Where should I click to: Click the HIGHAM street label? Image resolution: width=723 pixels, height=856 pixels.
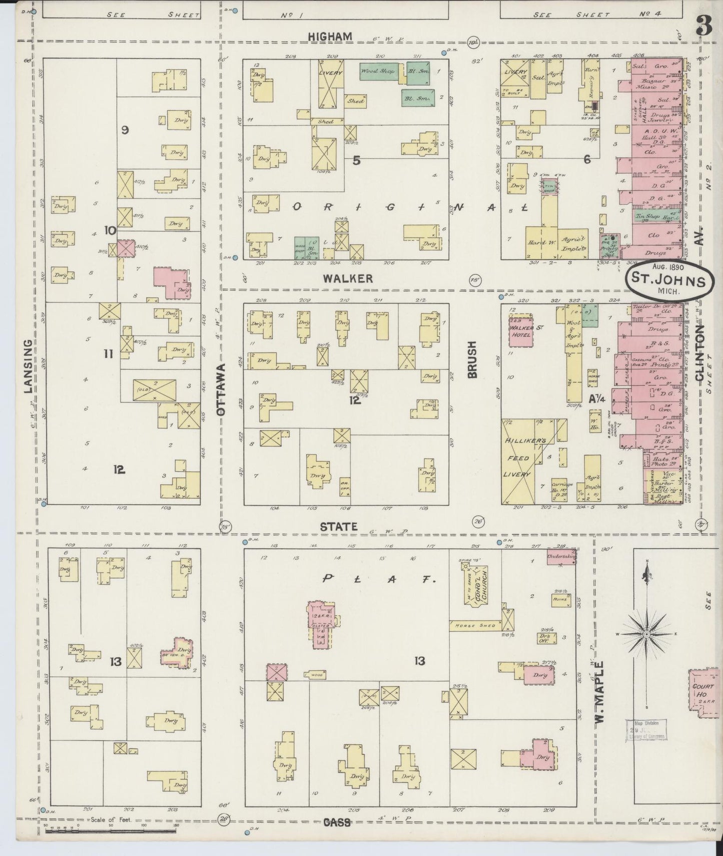pyautogui.click(x=330, y=37)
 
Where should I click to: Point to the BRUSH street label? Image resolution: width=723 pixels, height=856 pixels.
pyautogui.click(x=473, y=359)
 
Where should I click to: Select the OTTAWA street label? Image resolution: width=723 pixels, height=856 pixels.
pyautogui.click(x=221, y=389)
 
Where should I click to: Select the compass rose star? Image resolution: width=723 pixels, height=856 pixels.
pyautogui.click(x=646, y=634)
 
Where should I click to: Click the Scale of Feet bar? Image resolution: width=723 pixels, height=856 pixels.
pyautogui.click(x=110, y=831)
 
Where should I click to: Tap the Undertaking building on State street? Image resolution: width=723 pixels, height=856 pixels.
pyautogui.click(x=560, y=557)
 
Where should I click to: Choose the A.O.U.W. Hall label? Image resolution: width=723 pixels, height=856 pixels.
pyautogui.click(x=655, y=131)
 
